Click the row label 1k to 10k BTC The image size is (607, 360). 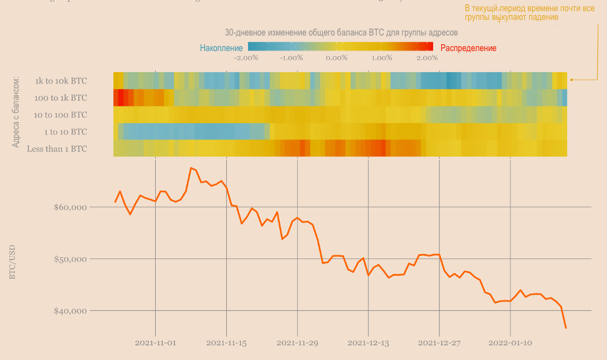point(61,81)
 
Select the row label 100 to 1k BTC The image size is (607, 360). point(60,98)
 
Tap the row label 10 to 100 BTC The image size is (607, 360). point(60,115)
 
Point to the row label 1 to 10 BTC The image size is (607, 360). point(65,132)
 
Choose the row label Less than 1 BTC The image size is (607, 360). point(57,149)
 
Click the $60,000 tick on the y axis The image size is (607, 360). point(71,207)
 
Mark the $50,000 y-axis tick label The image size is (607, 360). point(71,258)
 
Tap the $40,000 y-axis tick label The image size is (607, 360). point(71,311)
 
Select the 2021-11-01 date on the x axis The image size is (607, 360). point(155,343)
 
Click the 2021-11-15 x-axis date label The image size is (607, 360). point(226,343)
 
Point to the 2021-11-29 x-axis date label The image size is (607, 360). point(297,343)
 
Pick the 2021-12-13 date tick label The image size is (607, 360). point(368,343)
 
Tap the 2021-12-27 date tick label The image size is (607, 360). point(439,343)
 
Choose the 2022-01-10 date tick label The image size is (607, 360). point(510,343)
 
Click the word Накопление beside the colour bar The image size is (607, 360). point(221,48)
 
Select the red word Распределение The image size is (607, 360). point(468,48)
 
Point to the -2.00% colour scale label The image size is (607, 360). point(246,58)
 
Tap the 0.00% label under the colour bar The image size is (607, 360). point(337,58)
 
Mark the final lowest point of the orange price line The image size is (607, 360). point(566,328)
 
